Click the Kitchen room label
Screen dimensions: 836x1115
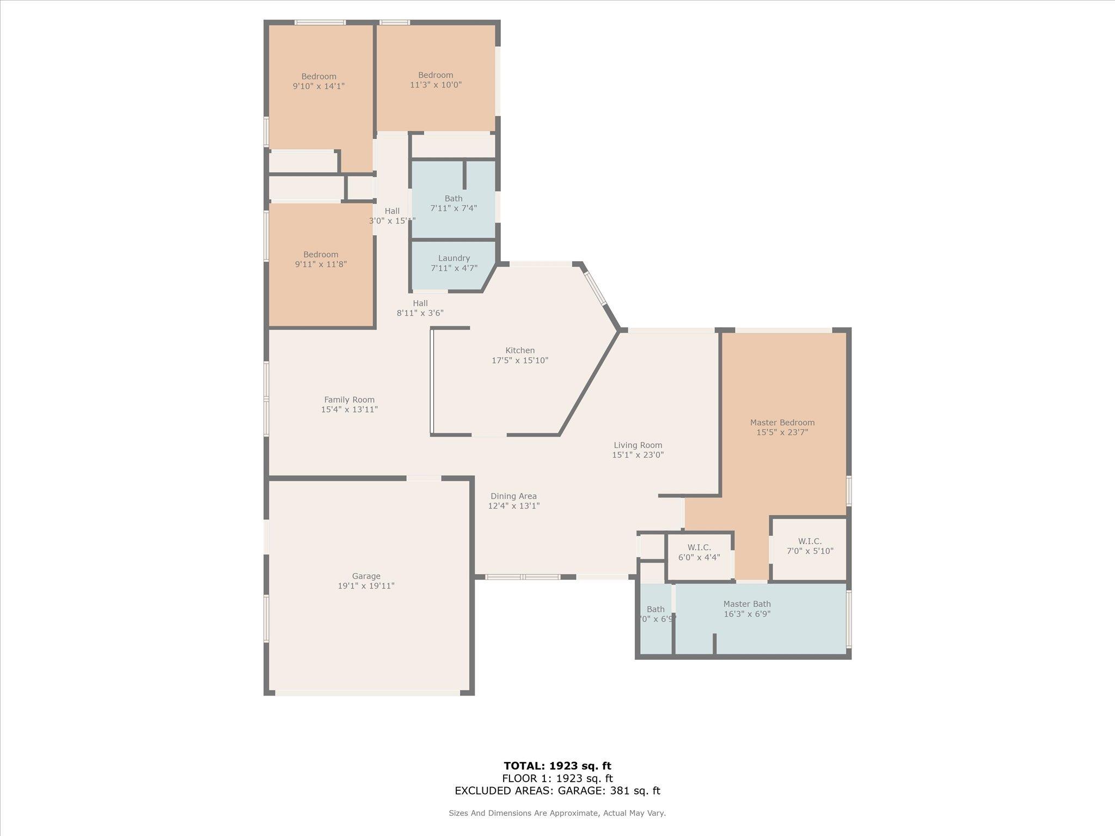coord(520,351)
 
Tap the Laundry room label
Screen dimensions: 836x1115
coord(454,258)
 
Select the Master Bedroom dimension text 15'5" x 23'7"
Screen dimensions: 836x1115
coord(782,433)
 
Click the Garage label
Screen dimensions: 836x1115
coord(366,576)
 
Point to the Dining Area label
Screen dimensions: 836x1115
coord(513,496)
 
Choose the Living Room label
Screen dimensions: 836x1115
coord(638,445)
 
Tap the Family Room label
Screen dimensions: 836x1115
coord(349,399)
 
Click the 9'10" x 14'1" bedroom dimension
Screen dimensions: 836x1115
coord(318,86)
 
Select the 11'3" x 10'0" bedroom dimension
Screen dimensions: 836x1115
coord(436,85)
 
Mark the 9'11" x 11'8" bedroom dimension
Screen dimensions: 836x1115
coord(321,265)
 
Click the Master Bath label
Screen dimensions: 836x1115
coord(747,604)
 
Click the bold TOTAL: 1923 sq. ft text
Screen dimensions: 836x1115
coord(557,766)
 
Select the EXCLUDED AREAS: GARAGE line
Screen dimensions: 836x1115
coord(557,791)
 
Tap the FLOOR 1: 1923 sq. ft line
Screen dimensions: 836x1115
coord(557,778)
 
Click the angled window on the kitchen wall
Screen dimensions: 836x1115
coord(596,288)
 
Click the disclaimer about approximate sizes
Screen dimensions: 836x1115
coord(557,813)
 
